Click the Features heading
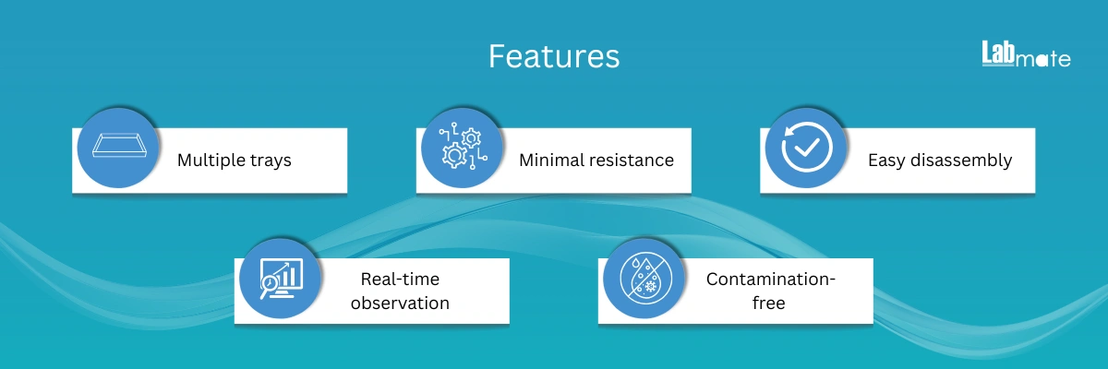pyautogui.click(x=554, y=56)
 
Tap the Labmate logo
pyautogui.click(x=1027, y=54)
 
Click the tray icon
pyautogui.click(x=119, y=146)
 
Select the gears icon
pyautogui.click(x=463, y=147)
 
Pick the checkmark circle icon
pyautogui.click(x=807, y=148)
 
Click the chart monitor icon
pyautogui.click(x=282, y=279)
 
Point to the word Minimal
pyautogui.click(x=551, y=160)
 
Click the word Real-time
pyautogui.click(x=400, y=280)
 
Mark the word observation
pyautogui.click(x=400, y=303)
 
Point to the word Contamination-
pyautogui.click(x=771, y=280)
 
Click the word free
pyautogui.click(x=768, y=303)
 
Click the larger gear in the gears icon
pyautogui.click(x=454, y=156)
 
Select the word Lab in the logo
pyautogui.click(x=998, y=53)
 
